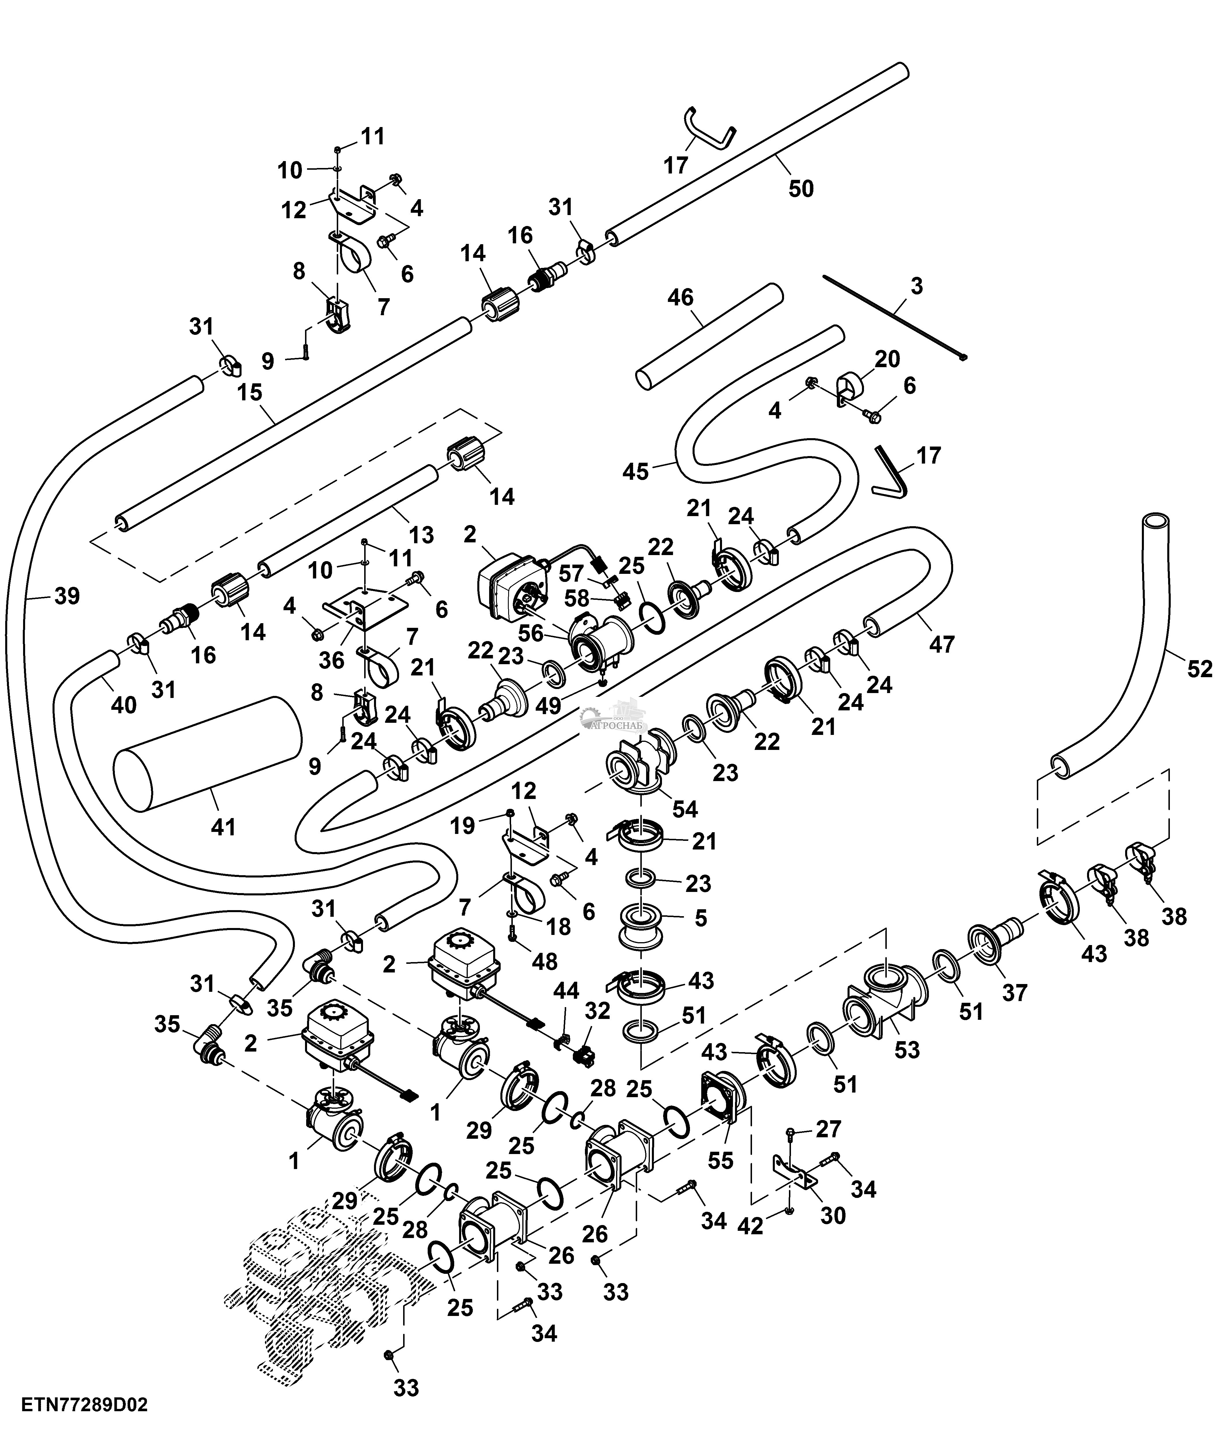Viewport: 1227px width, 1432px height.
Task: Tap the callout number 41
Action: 223,827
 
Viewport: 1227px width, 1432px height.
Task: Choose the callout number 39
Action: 67,596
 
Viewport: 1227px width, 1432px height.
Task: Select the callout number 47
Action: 942,644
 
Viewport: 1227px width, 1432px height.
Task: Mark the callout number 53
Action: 907,1050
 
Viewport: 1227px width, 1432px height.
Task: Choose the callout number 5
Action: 701,918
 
